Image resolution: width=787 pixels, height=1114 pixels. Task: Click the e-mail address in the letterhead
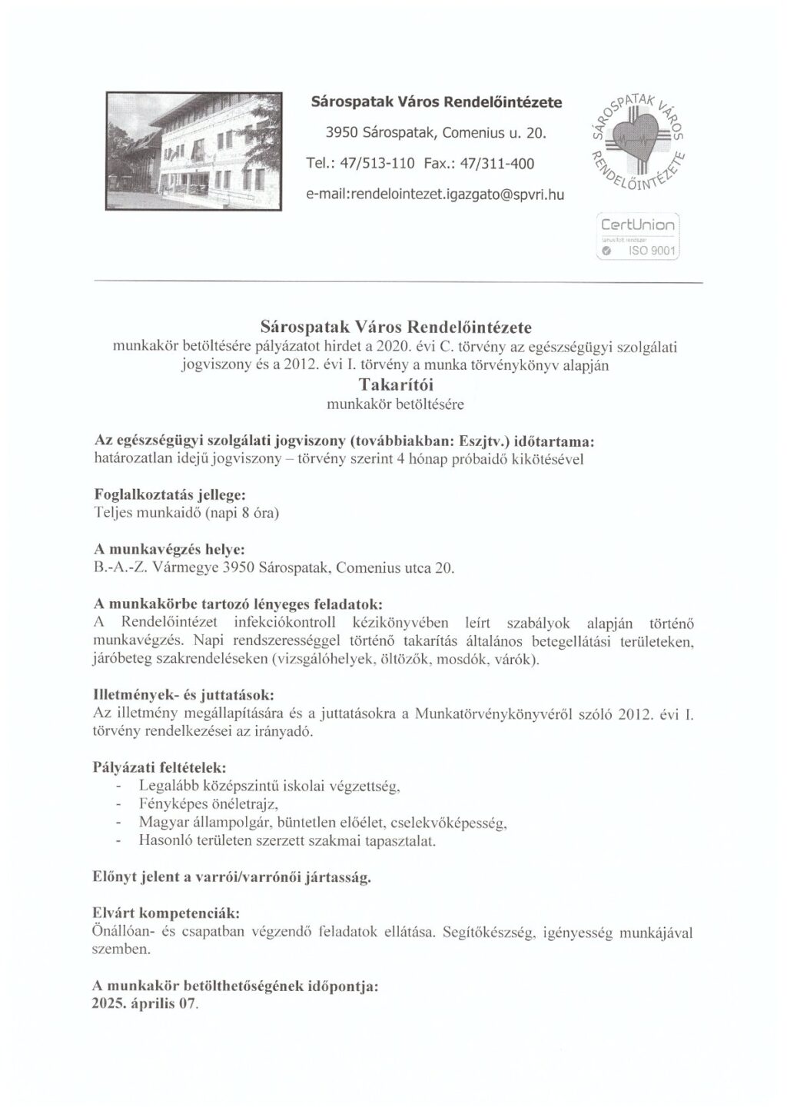pyautogui.click(x=435, y=195)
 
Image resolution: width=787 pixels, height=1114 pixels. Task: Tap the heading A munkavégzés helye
pyautogui.click(x=168, y=550)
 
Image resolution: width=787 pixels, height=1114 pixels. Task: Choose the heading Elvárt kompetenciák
pyautogui.click(x=165, y=914)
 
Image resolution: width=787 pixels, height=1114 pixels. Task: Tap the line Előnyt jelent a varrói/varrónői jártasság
pyautogui.click(x=232, y=877)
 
